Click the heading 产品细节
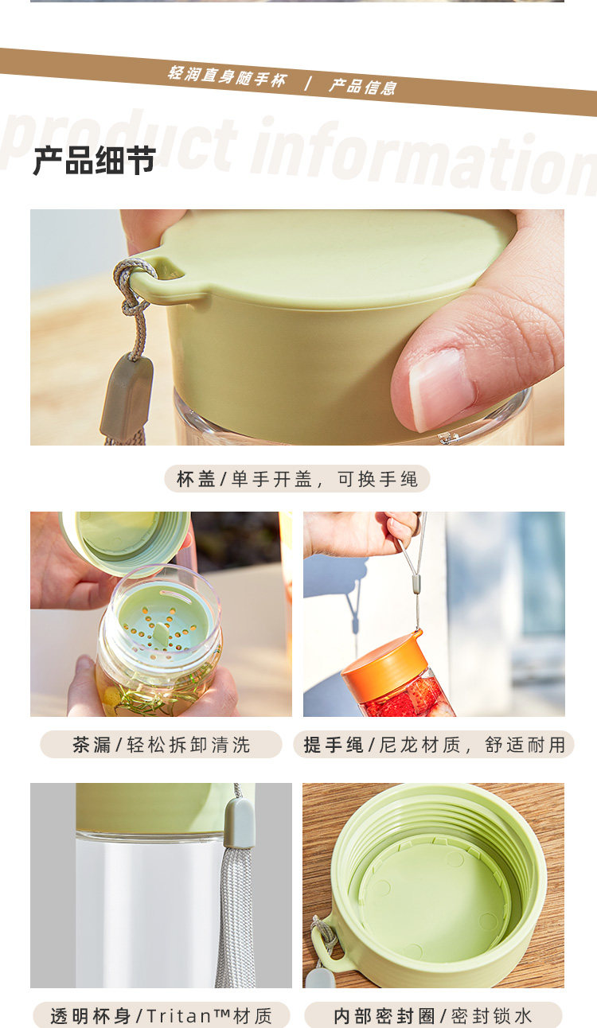tap(95, 161)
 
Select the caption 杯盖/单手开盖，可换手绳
tap(297, 479)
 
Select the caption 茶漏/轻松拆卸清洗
tap(161, 745)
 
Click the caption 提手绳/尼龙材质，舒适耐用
tap(434, 745)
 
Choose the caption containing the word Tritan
tap(161, 1015)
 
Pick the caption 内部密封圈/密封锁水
tap(432, 1015)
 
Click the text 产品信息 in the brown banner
tap(363, 86)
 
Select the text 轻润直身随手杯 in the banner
tap(228, 76)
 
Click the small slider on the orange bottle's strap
tap(416, 584)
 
